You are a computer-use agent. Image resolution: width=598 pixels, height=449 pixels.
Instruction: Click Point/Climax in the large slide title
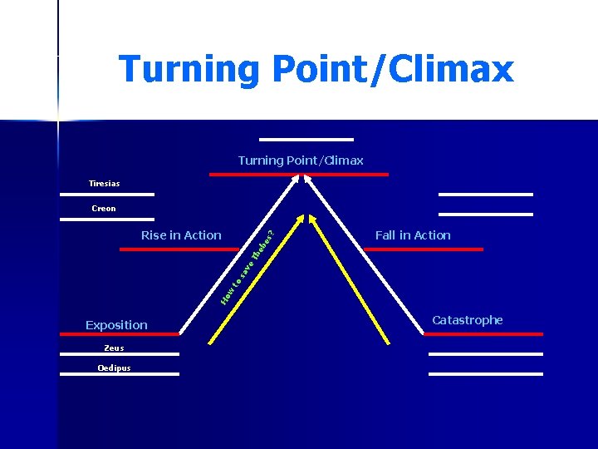pyautogui.click(x=392, y=69)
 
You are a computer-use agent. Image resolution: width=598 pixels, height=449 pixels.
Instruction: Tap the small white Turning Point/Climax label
pyautogui.click(x=301, y=160)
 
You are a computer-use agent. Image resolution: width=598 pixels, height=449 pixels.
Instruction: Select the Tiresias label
pyautogui.click(x=105, y=183)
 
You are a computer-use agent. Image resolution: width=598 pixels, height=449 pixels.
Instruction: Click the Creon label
pyautogui.click(x=104, y=209)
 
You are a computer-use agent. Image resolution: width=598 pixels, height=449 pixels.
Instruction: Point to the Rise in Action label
pyautogui.click(x=181, y=235)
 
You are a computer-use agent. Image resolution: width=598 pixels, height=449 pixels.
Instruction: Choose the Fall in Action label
pyautogui.click(x=413, y=235)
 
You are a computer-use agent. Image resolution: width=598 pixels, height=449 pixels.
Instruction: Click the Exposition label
pyautogui.click(x=116, y=325)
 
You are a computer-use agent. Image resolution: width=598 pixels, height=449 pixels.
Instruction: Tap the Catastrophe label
pyautogui.click(x=468, y=320)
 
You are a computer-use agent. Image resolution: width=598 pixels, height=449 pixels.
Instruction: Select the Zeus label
pyautogui.click(x=114, y=348)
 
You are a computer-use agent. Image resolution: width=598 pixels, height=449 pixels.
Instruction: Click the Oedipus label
pyautogui.click(x=113, y=368)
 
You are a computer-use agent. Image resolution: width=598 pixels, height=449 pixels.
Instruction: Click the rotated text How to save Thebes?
pyautogui.click(x=249, y=262)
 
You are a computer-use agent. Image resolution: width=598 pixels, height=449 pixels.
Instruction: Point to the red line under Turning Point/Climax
pyautogui.click(x=299, y=175)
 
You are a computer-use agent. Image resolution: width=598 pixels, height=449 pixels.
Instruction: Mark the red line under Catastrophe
pyautogui.click(x=483, y=334)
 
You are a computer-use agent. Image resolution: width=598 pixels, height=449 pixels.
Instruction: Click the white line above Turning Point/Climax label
pyautogui.click(x=306, y=139)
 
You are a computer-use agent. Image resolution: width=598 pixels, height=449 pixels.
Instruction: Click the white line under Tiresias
pyautogui.click(x=107, y=195)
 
